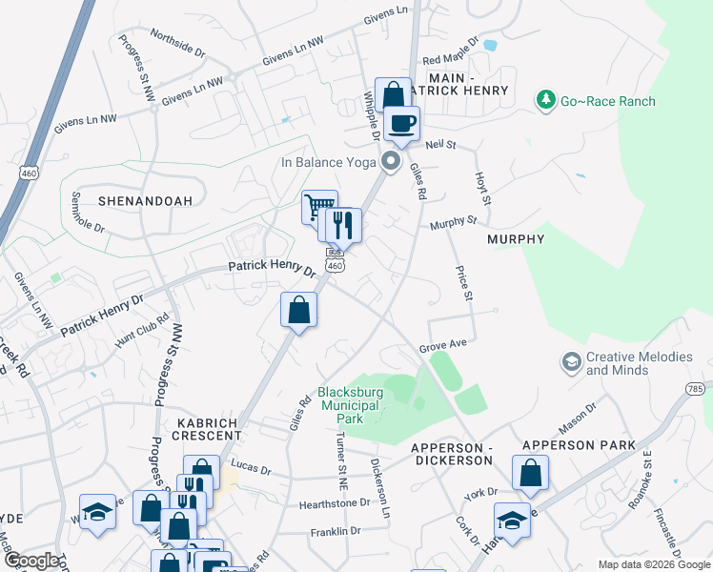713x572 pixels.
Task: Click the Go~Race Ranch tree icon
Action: click(545, 100)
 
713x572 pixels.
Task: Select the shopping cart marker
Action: click(319, 206)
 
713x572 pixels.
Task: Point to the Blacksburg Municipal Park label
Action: click(351, 405)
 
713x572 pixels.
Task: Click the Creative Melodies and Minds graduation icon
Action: click(571, 362)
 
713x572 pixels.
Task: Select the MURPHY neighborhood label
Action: click(515, 239)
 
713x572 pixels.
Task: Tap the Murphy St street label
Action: click(452, 222)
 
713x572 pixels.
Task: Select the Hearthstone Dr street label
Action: click(333, 502)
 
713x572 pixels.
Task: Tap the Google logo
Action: click(31, 561)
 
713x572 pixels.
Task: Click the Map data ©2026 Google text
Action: click(653, 564)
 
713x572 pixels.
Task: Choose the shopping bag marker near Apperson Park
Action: click(530, 473)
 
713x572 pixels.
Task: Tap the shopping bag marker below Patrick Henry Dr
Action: click(299, 310)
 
